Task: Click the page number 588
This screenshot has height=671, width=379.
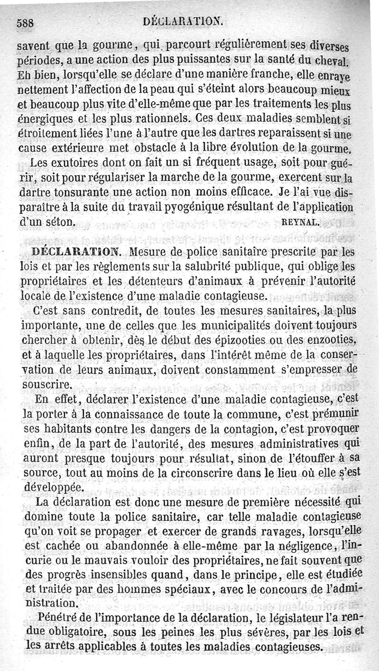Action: [27, 22]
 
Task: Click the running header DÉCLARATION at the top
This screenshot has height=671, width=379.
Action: [183, 20]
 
